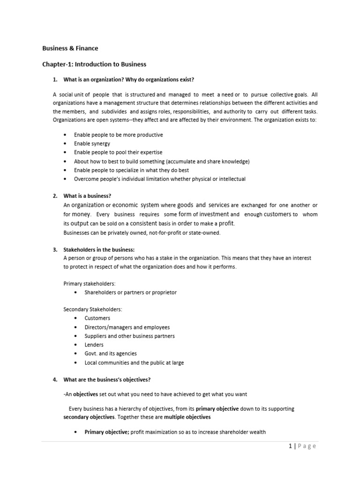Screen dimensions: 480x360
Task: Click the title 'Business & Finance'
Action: (x=70, y=48)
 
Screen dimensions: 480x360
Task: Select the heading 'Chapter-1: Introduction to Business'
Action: (x=94, y=64)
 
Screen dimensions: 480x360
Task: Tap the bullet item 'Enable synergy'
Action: (x=92, y=143)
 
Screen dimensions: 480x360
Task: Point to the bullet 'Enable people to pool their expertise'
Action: (x=118, y=152)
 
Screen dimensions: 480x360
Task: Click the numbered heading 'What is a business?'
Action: (x=87, y=196)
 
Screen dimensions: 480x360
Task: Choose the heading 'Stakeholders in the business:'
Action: (x=99, y=249)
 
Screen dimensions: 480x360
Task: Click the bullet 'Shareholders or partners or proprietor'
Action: (x=130, y=292)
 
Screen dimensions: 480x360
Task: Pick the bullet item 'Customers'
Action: (x=97, y=318)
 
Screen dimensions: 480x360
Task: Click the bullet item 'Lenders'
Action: (x=94, y=345)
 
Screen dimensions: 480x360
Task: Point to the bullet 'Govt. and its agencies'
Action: (x=111, y=354)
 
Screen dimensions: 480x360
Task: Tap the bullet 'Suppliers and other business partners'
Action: (x=129, y=336)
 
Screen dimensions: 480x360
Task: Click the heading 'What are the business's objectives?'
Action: (x=107, y=380)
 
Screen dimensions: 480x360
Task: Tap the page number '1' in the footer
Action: (x=291, y=446)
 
